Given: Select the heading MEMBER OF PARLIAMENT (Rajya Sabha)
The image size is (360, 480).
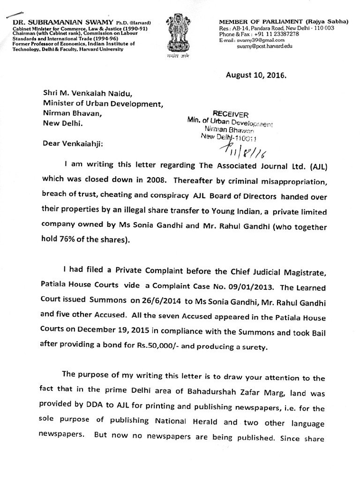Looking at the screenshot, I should coord(284,22).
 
